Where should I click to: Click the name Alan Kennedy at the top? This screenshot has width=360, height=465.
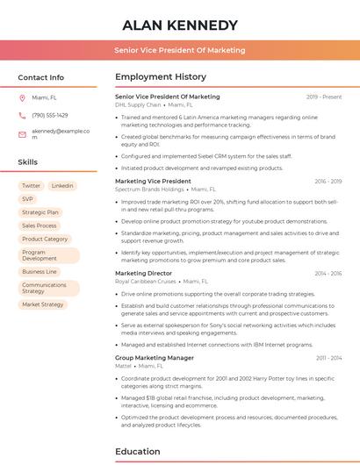(180, 25)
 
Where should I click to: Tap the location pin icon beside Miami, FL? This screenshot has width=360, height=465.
(23, 97)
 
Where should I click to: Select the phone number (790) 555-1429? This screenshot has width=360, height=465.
(50, 115)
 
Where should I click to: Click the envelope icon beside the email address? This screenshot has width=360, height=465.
(23, 133)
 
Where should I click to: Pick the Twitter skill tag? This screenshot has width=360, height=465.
(32, 186)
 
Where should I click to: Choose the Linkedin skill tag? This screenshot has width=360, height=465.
(62, 186)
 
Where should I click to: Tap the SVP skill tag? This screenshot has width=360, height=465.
(28, 199)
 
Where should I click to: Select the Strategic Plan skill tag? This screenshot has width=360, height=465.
(40, 212)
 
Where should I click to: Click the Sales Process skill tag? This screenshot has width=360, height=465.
(40, 225)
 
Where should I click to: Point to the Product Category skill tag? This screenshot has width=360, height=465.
(45, 239)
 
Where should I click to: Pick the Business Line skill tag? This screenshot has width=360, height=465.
(40, 272)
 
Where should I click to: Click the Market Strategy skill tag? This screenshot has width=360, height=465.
(43, 304)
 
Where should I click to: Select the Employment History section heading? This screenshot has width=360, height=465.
(161, 77)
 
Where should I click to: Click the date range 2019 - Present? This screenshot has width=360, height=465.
(324, 97)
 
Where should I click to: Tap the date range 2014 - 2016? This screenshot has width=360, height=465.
(328, 273)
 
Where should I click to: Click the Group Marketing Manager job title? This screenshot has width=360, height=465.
(155, 358)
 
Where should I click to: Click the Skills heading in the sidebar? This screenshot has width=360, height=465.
(28, 162)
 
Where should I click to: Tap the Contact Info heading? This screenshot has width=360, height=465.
(41, 77)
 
